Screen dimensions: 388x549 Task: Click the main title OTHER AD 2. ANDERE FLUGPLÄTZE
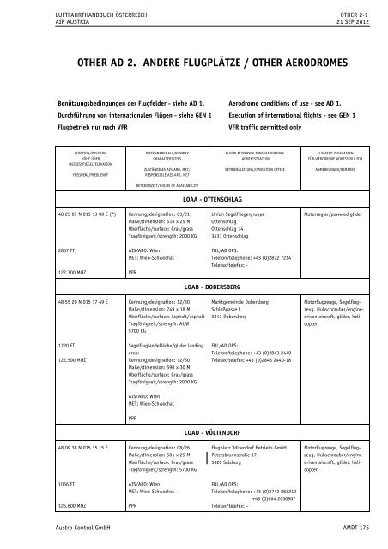click(x=193, y=63)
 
